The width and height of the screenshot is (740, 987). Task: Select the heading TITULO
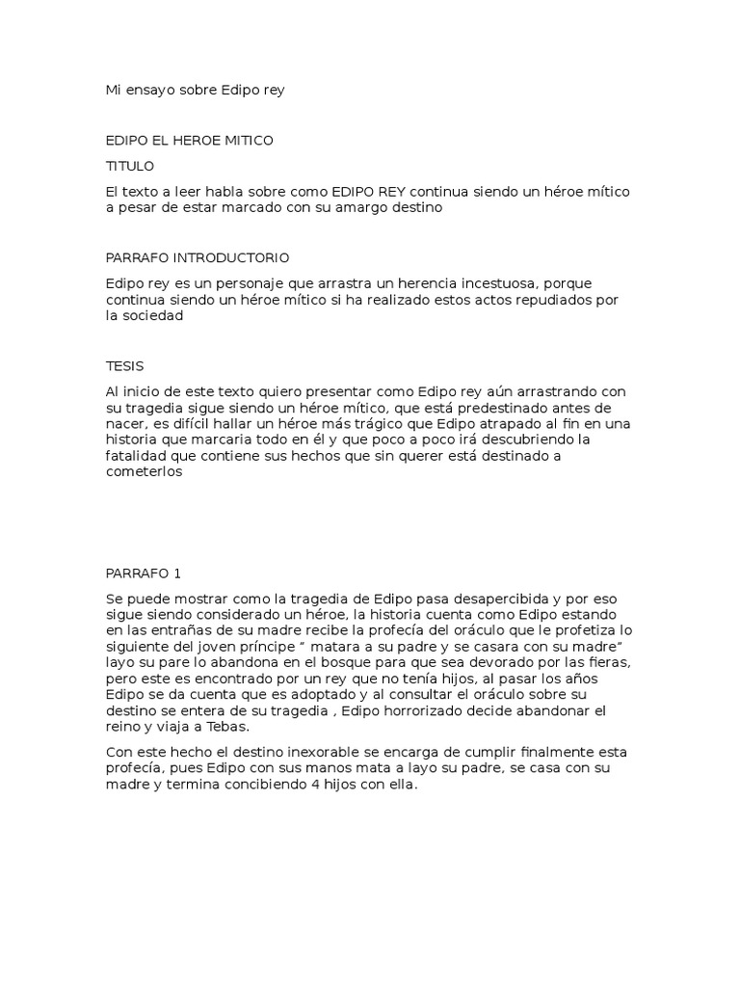coord(129,166)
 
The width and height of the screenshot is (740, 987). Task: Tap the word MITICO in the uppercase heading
coord(248,141)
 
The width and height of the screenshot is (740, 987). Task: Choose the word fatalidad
coord(135,456)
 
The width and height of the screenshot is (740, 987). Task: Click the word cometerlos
coord(144,473)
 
